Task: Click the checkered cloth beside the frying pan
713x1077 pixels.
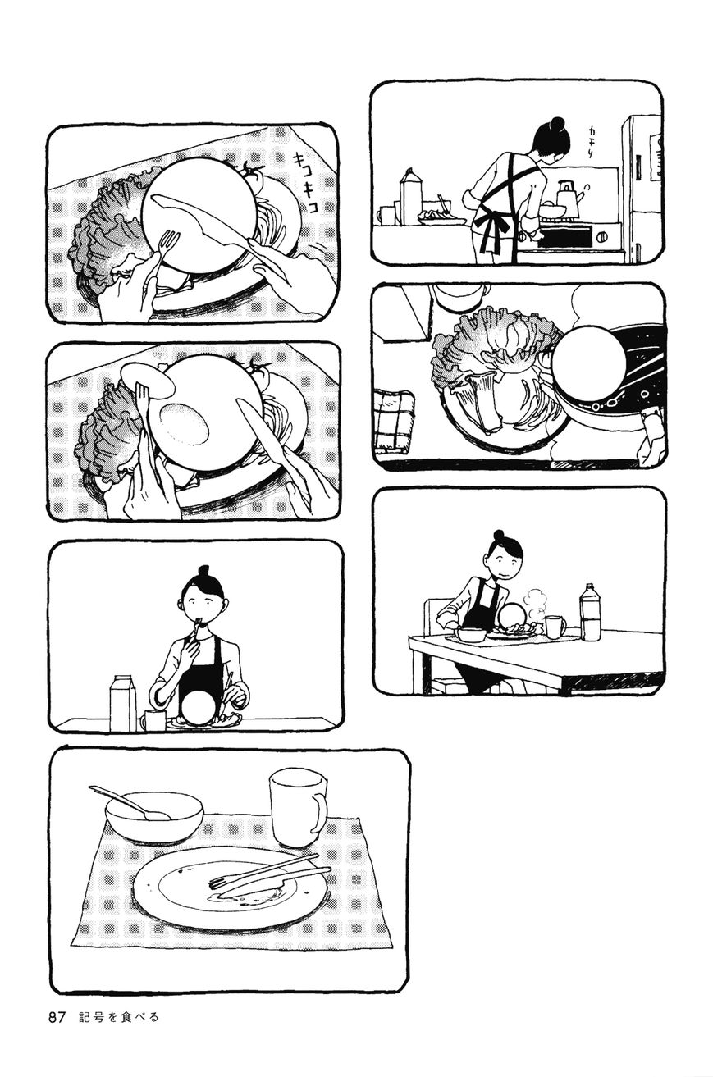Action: point(395,419)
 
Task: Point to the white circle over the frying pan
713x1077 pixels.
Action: point(589,363)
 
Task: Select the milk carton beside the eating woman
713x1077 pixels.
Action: point(123,704)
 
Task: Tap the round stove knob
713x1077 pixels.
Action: point(602,237)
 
